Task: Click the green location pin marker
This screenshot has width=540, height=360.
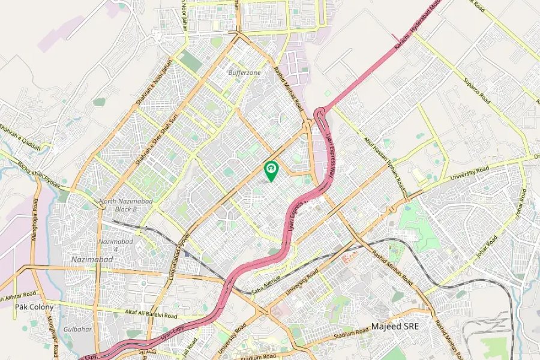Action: click(x=271, y=170)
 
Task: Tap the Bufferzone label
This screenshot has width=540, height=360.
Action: click(x=244, y=73)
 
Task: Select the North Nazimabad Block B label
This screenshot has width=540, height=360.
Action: click(x=118, y=205)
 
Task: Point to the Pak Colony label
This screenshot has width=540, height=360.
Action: click(x=34, y=307)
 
